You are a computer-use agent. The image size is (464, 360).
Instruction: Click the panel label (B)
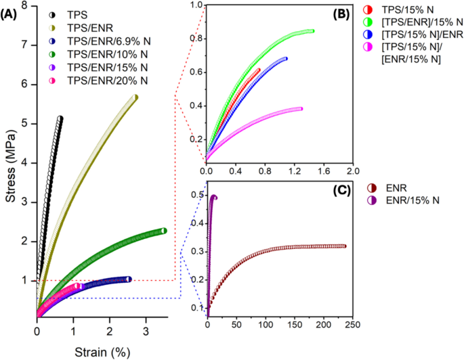[337, 12]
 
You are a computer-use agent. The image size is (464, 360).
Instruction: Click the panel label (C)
[337, 190]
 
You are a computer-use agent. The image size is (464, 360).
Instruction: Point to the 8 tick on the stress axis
[25, 5]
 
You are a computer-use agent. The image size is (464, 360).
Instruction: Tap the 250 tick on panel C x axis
[352, 325]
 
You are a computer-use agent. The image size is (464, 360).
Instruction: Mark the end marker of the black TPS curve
[60, 118]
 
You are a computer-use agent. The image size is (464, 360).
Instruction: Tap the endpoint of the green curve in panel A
[163, 231]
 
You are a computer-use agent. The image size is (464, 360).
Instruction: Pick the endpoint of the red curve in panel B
[257, 70]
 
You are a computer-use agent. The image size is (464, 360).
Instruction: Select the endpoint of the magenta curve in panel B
[300, 109]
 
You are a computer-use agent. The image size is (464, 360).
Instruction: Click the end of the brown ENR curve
[344, 246]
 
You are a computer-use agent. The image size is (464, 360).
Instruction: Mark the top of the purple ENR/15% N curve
[214, 198]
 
